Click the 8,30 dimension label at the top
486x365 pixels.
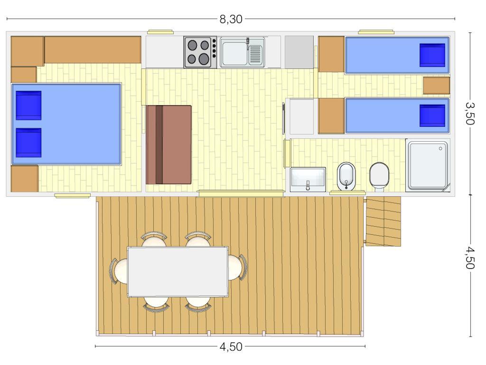click(x=231, y=19)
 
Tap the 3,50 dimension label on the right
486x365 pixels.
click(x=470, y=113)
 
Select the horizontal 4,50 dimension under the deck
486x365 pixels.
click(x=231, y=347)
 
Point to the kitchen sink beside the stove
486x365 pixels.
click(x=242, y=53)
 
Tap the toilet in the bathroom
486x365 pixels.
click(x=379, y=176)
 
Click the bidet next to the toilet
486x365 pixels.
click(x=346, y=176)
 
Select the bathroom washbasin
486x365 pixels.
click(x=308, y=179)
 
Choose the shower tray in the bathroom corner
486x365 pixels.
click(x=427, y=165)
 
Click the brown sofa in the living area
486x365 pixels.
click(x=168, y=144)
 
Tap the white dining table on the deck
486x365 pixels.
click(x=178, y=271)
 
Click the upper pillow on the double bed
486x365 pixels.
click(x=28, y=106)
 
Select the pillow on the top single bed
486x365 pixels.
click(x=432, y=55)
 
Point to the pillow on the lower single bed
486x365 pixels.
click(x=432, y=116)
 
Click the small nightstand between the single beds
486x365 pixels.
click(x=436, y=86)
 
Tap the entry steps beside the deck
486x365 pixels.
click(x=383, y=221)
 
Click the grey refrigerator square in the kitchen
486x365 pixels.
click(x=299, y=51)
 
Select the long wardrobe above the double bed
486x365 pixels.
click(x=93, y=49)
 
